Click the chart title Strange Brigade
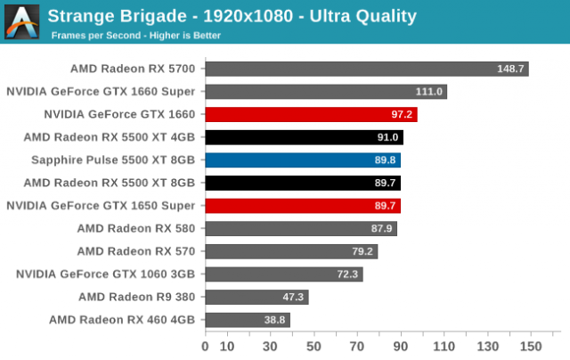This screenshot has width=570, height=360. pyautogui.click(x=232, y=16)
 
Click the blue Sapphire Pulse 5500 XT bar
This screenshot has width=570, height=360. pyautogui.click(x=303, y=160)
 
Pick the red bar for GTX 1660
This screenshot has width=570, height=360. pyautogui.click(x=311, y=114)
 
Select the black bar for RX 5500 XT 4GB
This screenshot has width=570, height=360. pyautogui.click(x=304, y=137)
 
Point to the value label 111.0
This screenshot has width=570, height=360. pyautogui.click(x=429, y=92)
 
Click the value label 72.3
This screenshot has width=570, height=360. pyautogui.click(x=346, y=274)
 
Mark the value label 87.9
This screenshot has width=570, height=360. pyautogui.click(x=380, y=229)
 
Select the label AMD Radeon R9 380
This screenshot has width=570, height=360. pyautogui.click(x=142, y=297)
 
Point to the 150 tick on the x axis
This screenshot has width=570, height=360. pyautogui.click(x=531, y=346)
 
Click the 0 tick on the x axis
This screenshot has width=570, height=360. pyautogui.click(x=206, y=346)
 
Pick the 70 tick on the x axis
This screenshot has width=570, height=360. pyautogui.click(x=357, y=346)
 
